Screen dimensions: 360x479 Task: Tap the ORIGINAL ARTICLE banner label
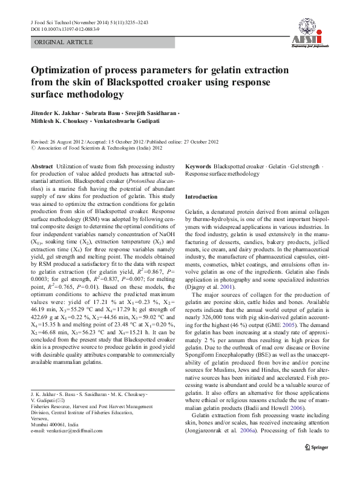pyautogui.click(x=64, y=42)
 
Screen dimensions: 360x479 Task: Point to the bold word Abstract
pyautogui.click(x=41, y=166)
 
